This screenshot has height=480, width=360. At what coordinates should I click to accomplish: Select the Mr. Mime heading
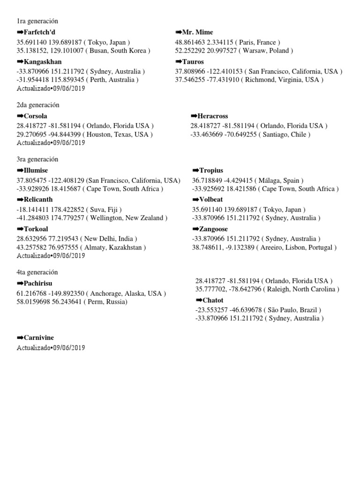click(x=197, y=32)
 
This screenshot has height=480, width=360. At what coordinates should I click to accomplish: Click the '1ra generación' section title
click(x=37, y=21)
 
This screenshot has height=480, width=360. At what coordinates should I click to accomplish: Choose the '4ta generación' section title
click(x=37, y=272)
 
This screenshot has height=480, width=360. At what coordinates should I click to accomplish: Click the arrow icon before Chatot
click(x=199, y=300)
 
